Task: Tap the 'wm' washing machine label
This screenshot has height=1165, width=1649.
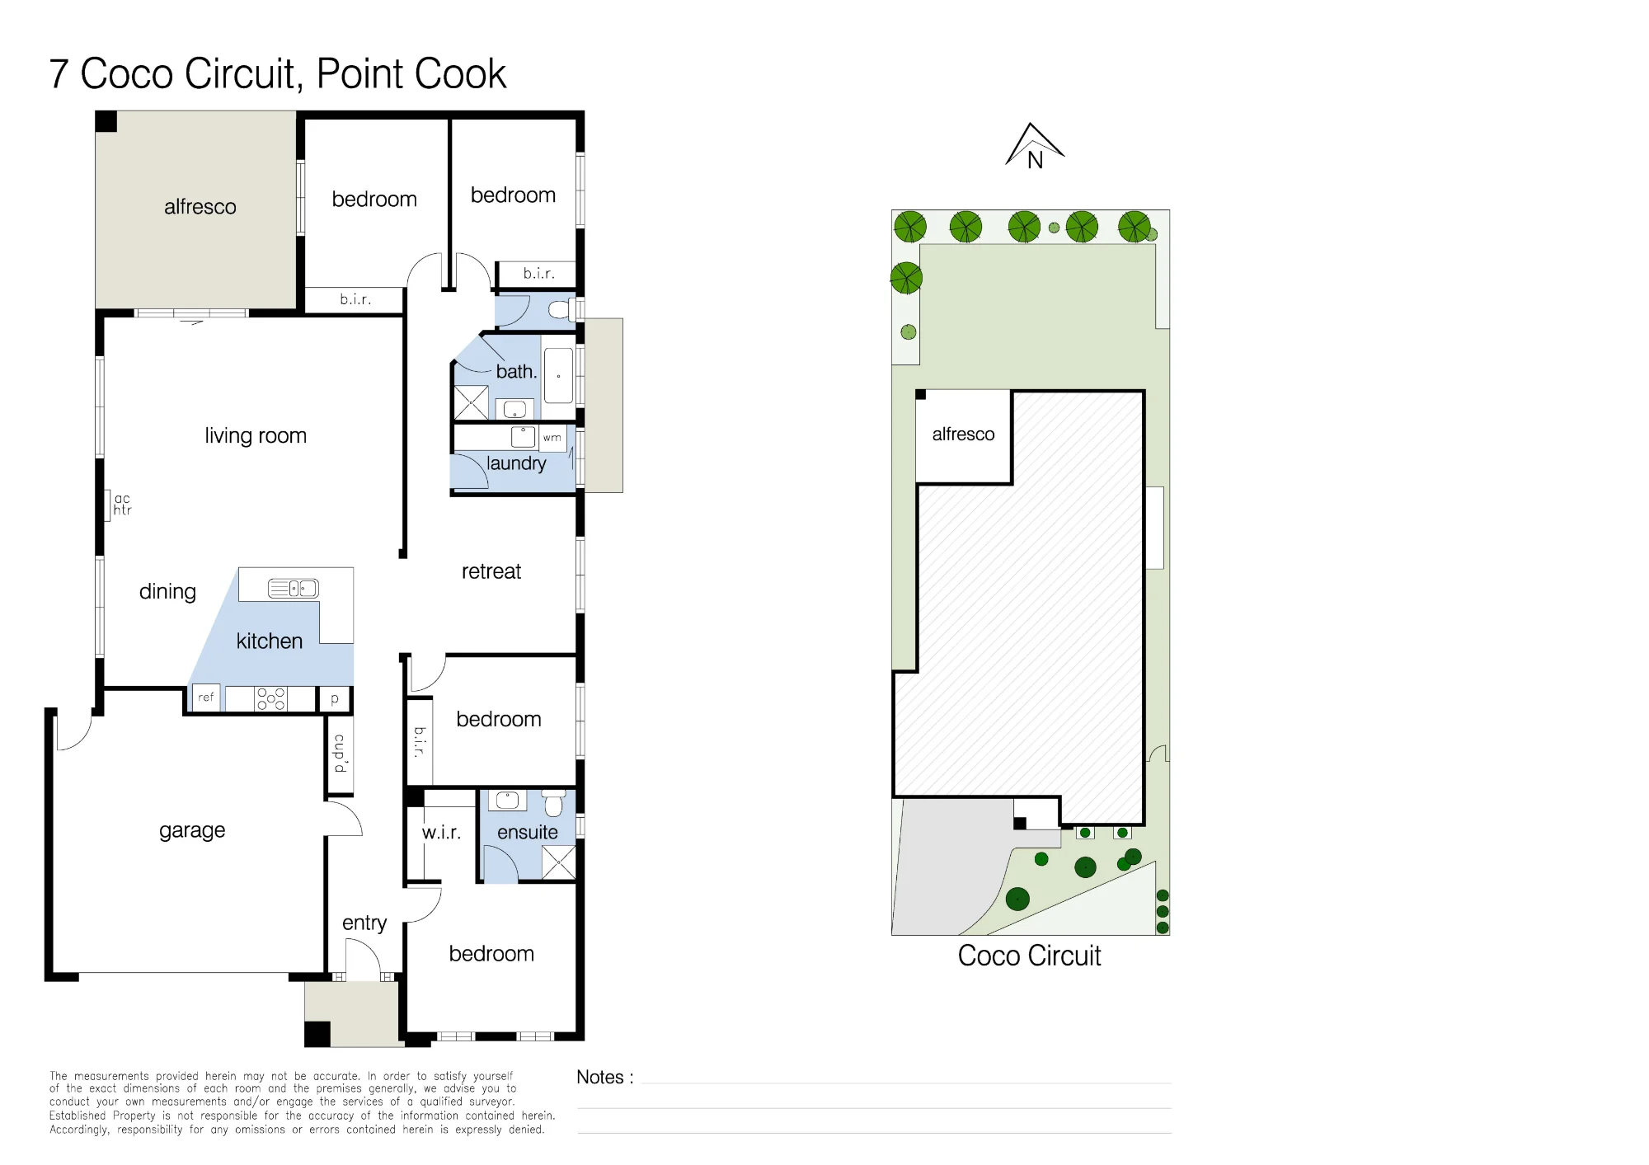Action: pyautogui.click(x=552, y=438)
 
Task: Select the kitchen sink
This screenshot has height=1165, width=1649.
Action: pyautogui.click(x=293, y=588)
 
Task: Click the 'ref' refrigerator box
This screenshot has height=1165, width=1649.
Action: pyautogui.click(x=206, y=698)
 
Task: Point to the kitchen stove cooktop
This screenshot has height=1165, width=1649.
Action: pyautogui.click(x=270, y=698)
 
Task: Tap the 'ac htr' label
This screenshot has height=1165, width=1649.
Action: pyautogui.click(x=122, y=505)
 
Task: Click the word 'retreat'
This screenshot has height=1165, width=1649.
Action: pyautogui.click(x=491, y=571)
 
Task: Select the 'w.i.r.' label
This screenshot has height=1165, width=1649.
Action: pyautogui.click(x=441, y=833)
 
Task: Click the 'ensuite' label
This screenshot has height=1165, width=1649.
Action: pyautogui.click(x=528, y=833)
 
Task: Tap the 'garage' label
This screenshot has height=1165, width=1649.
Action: pyautogui.click(x=192, y=831)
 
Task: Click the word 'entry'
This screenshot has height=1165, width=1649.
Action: pyautogui.click(x=364, y=923)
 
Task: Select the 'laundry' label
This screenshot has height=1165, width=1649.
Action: pyautogui.click(x=516, y=463)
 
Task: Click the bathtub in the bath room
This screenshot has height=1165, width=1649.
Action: pyautogui.click(x=558, y=376)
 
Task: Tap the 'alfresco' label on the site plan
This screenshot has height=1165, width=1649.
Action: pyautogui.click(x=963, y=435)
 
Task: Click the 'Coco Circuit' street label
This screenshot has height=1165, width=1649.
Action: pyautogui.click(x=1029, y=956)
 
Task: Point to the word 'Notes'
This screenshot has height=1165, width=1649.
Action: pyautogui.click(x=600, y=1078)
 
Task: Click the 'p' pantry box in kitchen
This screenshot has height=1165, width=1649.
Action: pyautogui.click(x=335, y=699)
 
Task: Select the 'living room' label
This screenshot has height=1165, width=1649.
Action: pyautogui.click(x=256, y=436)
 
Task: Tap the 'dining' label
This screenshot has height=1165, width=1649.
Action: pyautogui.click(x=167, y=592)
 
